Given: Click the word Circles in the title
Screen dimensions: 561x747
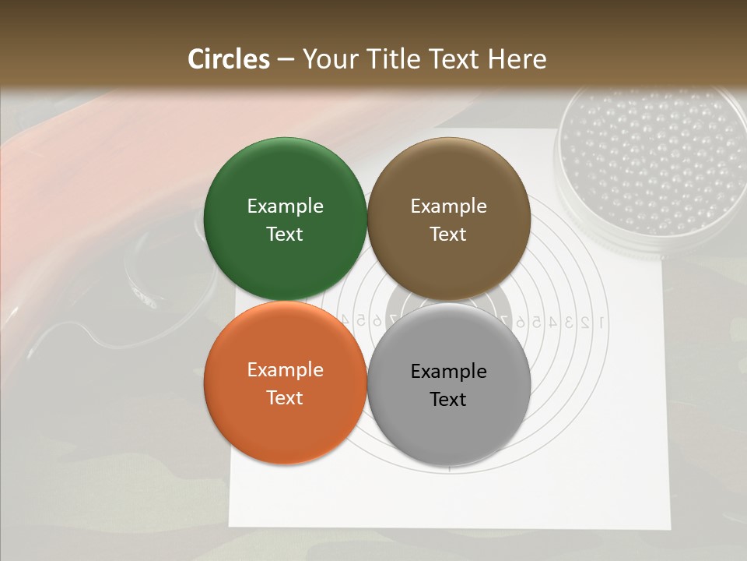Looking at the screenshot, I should point(228,59).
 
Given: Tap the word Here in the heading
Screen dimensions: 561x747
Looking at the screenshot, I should point(517,59).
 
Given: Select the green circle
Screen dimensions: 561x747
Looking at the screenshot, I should point(285,219).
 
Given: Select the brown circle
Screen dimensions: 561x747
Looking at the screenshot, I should point(448,219).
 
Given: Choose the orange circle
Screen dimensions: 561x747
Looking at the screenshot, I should point(285,383).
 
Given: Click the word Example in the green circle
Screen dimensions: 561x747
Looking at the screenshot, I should point(285,206).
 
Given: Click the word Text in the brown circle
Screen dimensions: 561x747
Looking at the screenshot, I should point(448,234).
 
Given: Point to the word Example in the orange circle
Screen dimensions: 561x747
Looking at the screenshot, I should point(285,369).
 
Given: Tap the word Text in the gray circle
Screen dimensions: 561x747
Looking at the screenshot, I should point(448,399).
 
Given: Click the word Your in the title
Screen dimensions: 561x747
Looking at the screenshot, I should point(328,59).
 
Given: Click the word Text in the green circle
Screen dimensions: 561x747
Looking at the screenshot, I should point(285,234).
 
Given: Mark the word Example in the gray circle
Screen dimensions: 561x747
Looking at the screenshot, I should point(448,371).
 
